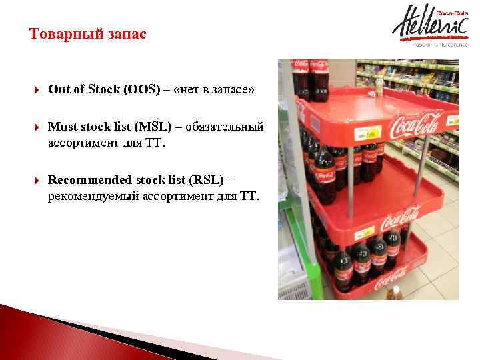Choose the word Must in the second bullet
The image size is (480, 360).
pos(63,127)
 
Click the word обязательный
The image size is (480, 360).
pos(224,127)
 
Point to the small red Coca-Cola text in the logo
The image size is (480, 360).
pos(450,12)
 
